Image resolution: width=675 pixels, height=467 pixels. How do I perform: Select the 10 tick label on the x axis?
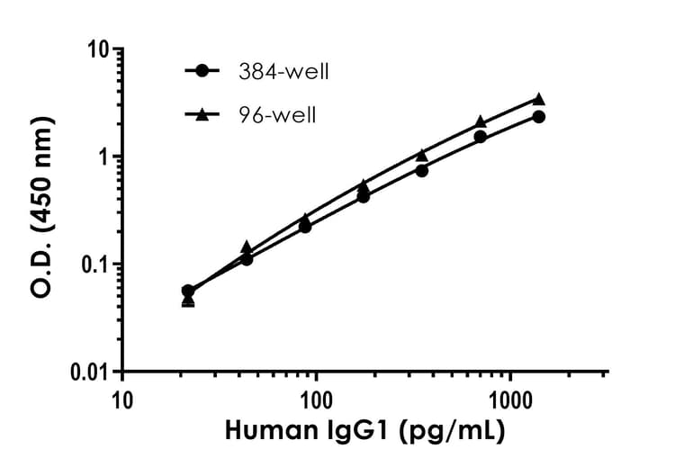pyautogui.click(x=122, y=398)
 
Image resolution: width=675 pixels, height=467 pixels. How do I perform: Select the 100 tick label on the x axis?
pyautogui.click(x=317, y=398)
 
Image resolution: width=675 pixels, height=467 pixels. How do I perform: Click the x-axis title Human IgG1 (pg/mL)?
pyautogui.click(x=364, y=432)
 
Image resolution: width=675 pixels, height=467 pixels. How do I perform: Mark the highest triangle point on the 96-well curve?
pyautogui.click(x=539, y=99)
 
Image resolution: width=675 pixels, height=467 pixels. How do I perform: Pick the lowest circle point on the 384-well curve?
pyautogui.click(x=187, y=291)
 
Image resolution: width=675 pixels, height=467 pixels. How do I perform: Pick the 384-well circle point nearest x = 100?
pyautogui.click(x=305, y=227)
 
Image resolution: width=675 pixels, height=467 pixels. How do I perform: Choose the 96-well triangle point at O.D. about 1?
pyautogui.click(x=422, y=155)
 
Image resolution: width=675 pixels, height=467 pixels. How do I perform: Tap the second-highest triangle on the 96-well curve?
pyautogui.click(x=481, y=121)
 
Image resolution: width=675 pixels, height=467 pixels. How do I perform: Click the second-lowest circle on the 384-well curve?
pyautogui.click(x=247, y=259)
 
